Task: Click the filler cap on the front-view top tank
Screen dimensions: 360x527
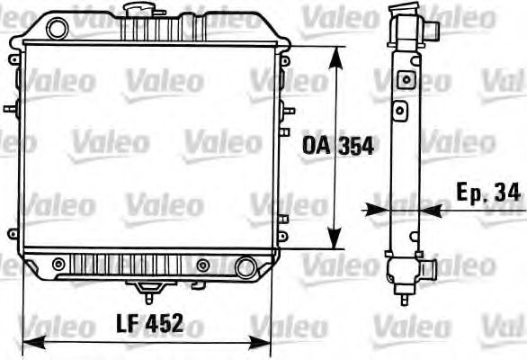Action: point(142,10)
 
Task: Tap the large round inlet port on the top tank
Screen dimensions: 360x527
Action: point(57,28)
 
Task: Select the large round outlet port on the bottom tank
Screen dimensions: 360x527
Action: point(244,267)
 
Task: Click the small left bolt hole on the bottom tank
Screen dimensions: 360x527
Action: point(58,264)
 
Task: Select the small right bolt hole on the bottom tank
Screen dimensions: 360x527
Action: point(202,265)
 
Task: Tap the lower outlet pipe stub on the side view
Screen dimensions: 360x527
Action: point(431,267)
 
